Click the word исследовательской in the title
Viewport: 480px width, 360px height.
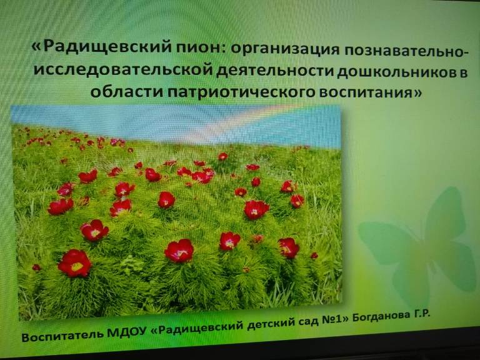click(x=123, y=70)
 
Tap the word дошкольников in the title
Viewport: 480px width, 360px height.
click(x=395, y=72)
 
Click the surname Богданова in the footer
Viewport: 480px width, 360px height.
click(x=378, y=317)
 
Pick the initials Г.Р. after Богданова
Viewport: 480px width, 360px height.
click(x=419, y=314)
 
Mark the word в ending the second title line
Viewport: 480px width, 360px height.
click(x=462, y=74)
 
